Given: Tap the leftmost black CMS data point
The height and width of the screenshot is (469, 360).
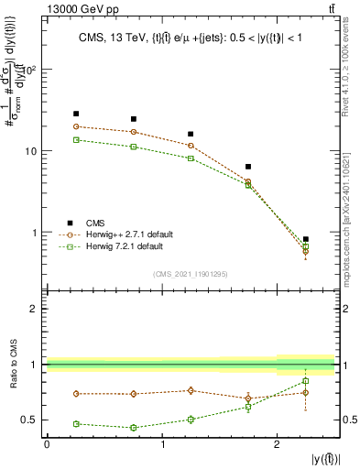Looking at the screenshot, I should point(76,114).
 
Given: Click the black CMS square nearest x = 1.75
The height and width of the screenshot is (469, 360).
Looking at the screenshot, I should point(248,167).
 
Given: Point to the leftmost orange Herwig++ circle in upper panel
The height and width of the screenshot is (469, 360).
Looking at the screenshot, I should point(76,126).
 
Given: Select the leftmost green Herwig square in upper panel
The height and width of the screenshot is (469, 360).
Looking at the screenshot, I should point(76,139).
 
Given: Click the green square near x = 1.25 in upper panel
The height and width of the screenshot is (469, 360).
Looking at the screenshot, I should point(191,158).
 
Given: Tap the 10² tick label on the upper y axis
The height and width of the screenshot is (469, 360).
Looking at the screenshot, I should point(30,70).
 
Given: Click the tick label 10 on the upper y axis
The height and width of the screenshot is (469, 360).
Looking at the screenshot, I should point(32,151).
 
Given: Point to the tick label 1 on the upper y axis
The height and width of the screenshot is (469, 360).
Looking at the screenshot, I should point(36,232).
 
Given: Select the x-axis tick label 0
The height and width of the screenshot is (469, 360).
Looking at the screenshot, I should point(47,443).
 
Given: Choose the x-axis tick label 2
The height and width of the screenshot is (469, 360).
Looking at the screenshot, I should point(277,443).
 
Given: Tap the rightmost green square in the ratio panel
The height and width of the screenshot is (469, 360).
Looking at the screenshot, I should point(305,381).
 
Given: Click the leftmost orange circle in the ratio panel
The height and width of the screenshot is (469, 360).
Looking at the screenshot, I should point(76,394).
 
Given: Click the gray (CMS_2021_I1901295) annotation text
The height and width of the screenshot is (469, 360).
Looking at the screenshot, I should point(191,274).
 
